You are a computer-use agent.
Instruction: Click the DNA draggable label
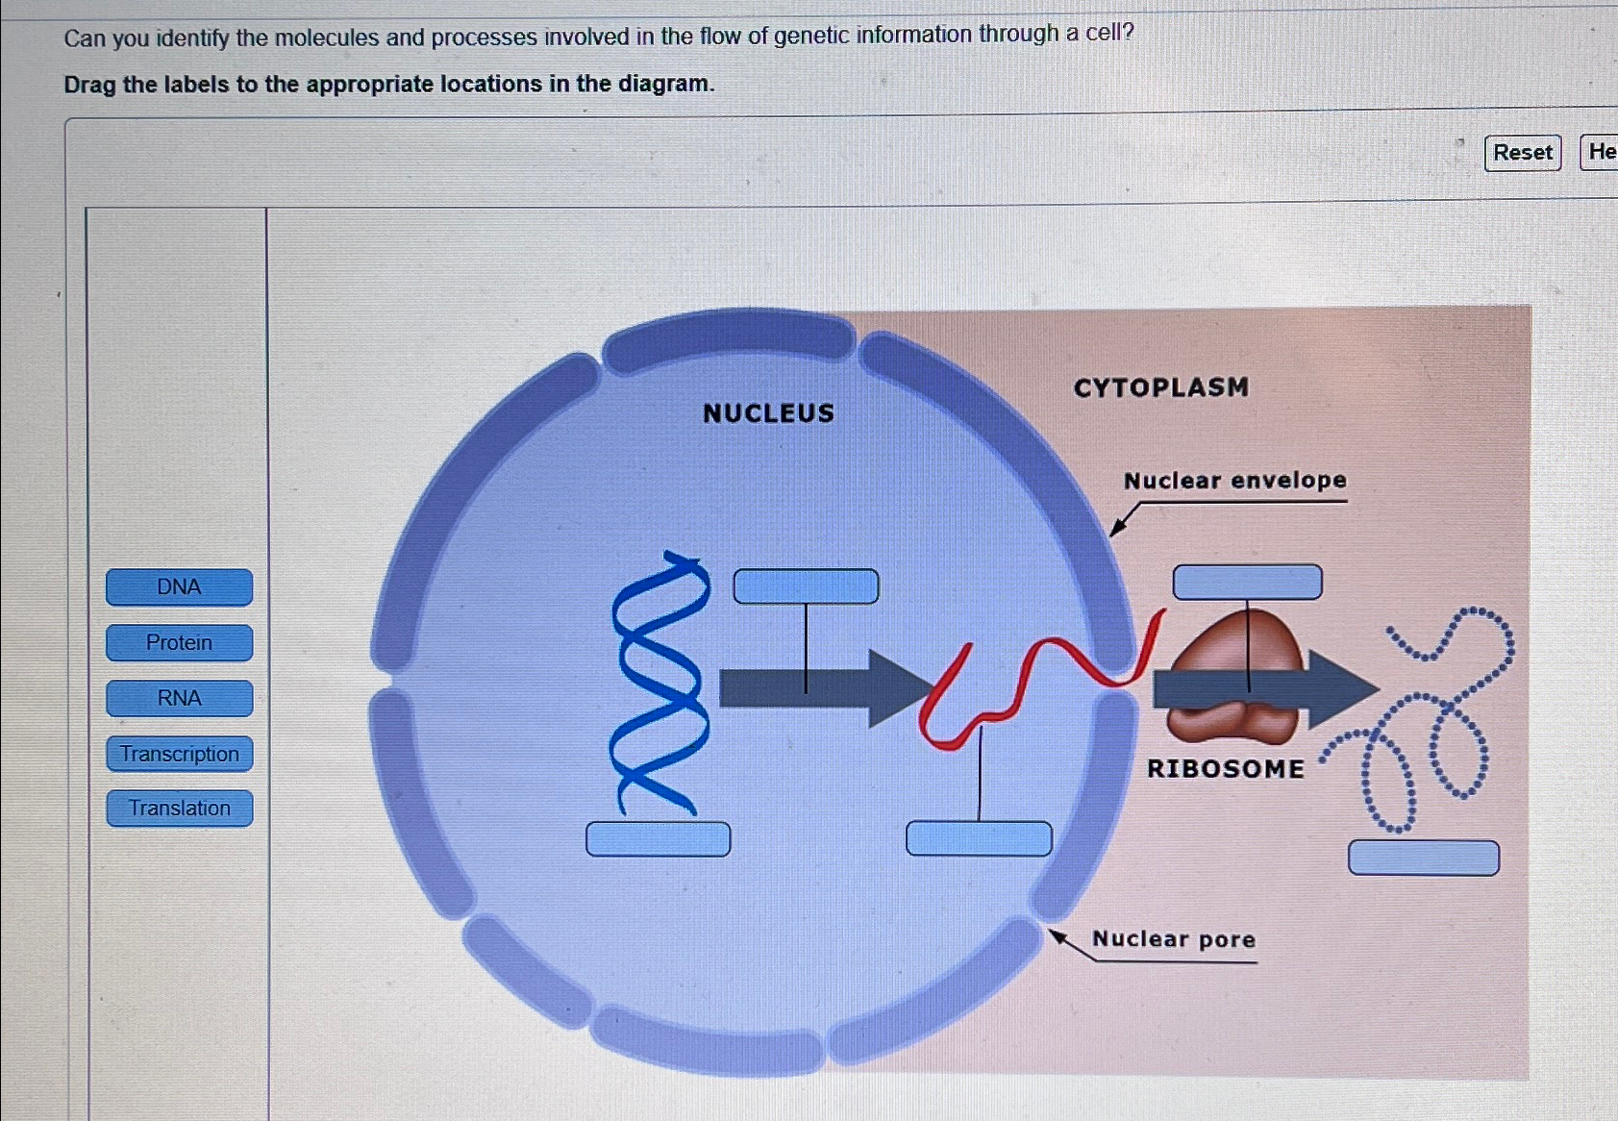(x=179, y=587)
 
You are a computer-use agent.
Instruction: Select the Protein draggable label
(x=179, y=643)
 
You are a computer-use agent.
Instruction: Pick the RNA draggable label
(x=179, y=699)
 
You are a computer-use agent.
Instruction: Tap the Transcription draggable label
(x=179, y=754)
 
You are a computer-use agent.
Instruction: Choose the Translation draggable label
(x=179, y=809)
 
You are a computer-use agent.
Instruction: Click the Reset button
(x=1522, y=153)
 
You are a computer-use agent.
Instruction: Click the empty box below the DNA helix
(x=658, y=839)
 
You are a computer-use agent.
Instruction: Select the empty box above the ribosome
(x=1247, y=583)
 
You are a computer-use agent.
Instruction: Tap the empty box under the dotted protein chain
(x=1423, y=858)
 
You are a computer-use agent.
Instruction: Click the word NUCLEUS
(x=768, y=413)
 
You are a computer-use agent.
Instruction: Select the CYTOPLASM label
(x=1160, y=387)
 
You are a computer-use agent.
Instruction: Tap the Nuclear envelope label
(x=1234, y=481)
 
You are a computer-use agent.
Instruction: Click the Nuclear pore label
(x=1173, y=939)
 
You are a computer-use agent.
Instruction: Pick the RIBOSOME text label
(x=1225, y=769)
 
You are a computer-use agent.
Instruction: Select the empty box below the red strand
(x=979, y=839)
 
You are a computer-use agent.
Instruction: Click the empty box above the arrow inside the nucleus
(x=806, y=586)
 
